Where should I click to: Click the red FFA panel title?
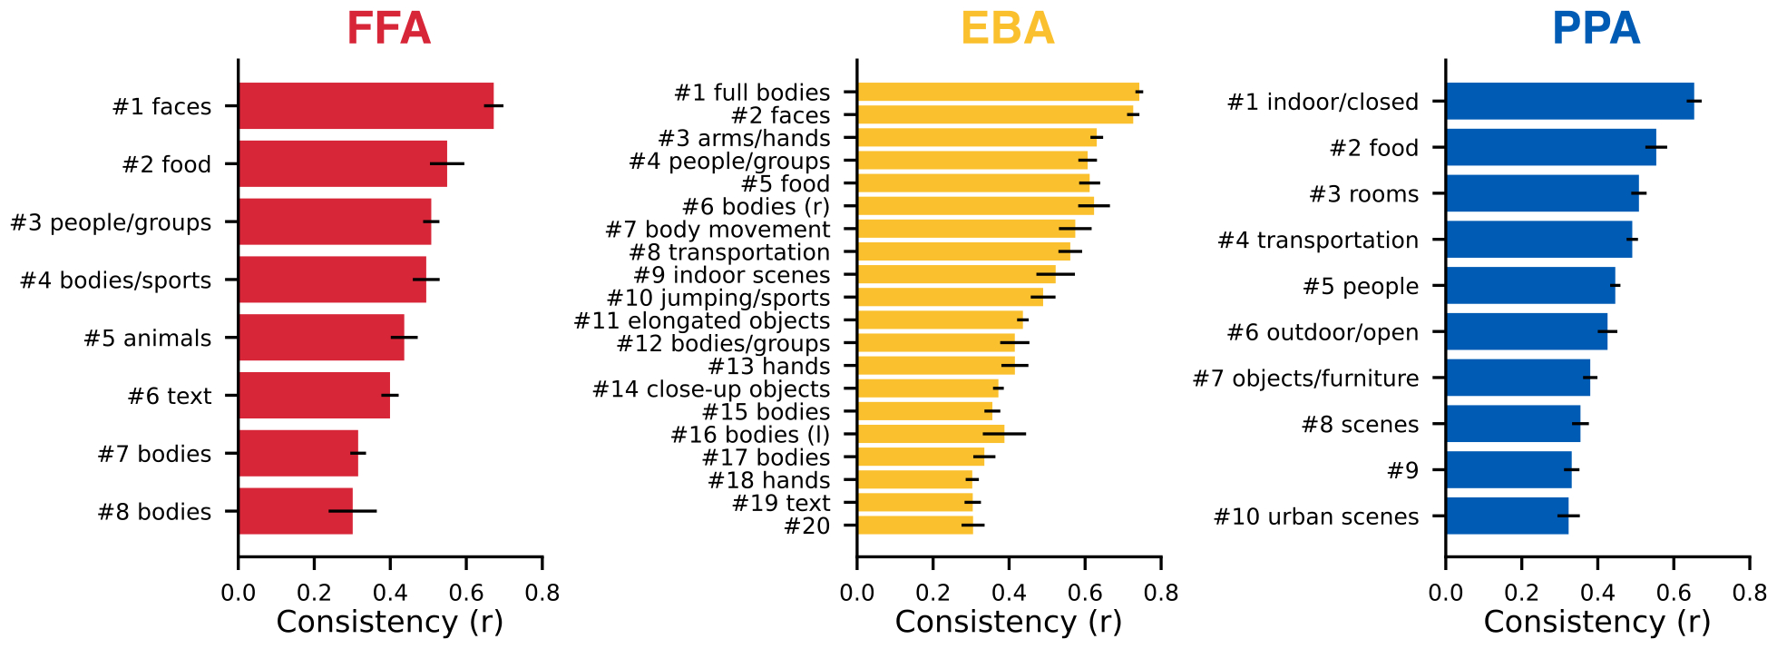click(x=388, y=29)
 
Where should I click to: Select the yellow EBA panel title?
click(x=1007, y=29)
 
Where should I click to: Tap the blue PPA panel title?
click(x=1596, y=29)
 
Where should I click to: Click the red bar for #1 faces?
click(x=366, y=106)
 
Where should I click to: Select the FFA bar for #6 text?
click(x=314, y=396)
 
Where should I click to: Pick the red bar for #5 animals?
click(x=321, y=338)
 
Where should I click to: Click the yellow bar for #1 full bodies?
click(x=998, y=92)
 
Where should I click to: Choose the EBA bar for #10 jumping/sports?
click(x=950, y=298)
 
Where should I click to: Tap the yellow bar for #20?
click(x=914, y=526)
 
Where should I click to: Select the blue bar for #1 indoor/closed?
click(x=1569, y=102)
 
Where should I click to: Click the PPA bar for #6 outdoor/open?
click(x=1526, y=332)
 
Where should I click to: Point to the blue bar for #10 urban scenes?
click(x=1507, y=516)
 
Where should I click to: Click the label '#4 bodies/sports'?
click(x=115, y=280)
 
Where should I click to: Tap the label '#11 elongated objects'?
click(x=702, y=321)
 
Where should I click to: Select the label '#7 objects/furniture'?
click(x=1305, y=379)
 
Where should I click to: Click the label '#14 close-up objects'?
click(x=711, y=389)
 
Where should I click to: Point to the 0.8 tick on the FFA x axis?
click(x=542, y=594)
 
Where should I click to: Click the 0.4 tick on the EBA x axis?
click(x=1009, y=594)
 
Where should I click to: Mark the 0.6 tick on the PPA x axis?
click(x=1674, y=594)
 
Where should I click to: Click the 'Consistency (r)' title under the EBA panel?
click(x=1008, y=623)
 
